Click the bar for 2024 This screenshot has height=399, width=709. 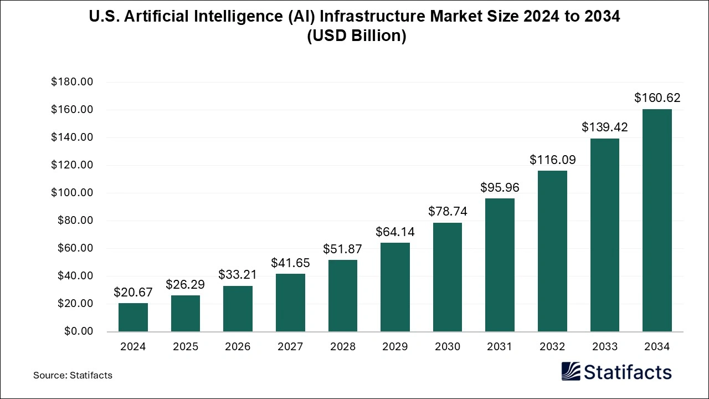133,317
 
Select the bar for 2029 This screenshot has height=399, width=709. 395,287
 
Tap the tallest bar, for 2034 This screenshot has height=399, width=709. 657,221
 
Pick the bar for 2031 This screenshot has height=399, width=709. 500,265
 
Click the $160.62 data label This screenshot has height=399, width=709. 657,98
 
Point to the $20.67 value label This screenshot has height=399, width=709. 133,292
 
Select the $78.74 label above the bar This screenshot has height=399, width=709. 448,211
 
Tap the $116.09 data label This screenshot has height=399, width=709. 552,160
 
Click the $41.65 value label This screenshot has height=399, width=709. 290,263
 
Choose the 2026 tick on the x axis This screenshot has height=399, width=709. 238,347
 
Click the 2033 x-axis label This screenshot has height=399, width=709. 604,347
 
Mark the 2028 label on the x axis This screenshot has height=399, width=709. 342,347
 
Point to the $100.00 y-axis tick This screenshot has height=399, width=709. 71,193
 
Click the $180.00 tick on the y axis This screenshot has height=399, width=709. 71,82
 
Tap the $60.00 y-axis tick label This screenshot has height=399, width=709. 74,248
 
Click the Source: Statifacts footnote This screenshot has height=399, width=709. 73,375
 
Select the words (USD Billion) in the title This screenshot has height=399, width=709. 354,37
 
